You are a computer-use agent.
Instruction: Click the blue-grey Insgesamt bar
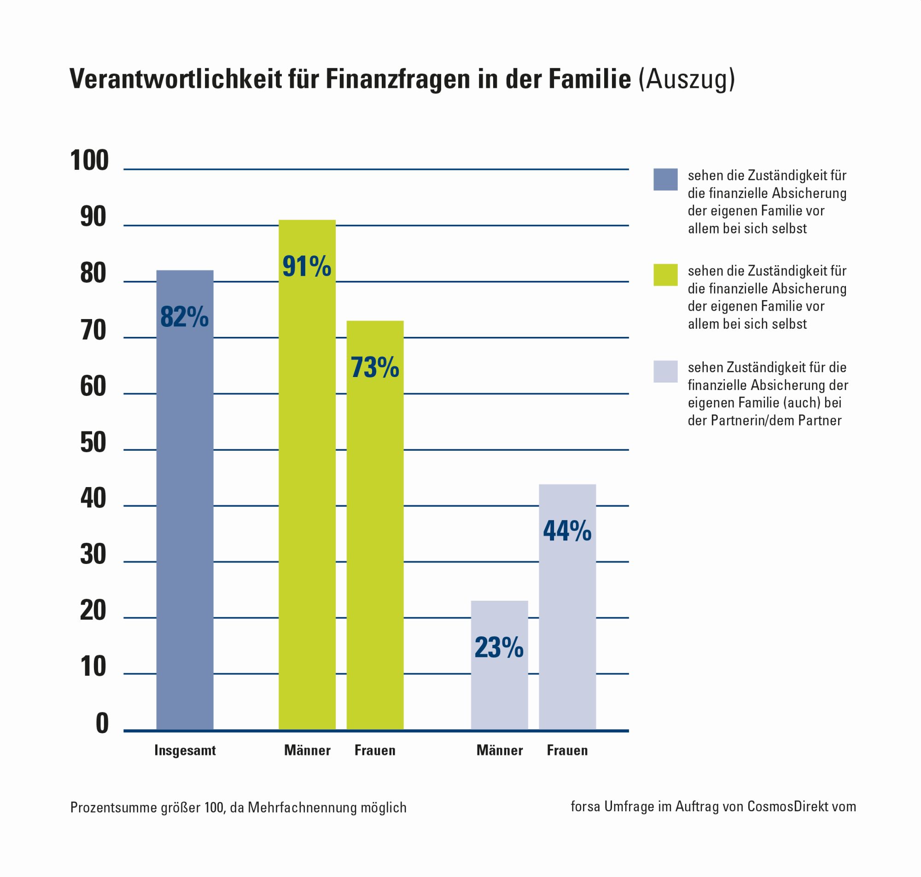pos(185,500)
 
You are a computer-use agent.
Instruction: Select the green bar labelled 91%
pos(307,475)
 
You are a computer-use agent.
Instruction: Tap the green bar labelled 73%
pos(375,525)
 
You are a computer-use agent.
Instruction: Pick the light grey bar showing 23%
pos(499,665)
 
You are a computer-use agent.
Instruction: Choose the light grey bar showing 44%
pos(567,607)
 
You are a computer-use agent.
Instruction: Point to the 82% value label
pos(185,316)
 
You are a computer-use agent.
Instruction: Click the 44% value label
pos(567,531)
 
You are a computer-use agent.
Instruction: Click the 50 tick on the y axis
pos(93,442)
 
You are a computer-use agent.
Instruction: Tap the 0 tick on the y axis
pos(102,723)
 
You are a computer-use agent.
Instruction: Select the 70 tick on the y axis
pos(93,330)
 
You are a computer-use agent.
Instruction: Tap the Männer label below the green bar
pos(307,750)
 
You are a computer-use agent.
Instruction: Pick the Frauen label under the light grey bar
pos(567,750)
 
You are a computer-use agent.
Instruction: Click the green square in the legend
pos(665,275)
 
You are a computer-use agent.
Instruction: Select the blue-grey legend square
pos(665,179)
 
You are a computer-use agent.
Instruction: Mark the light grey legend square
pos(665,372)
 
